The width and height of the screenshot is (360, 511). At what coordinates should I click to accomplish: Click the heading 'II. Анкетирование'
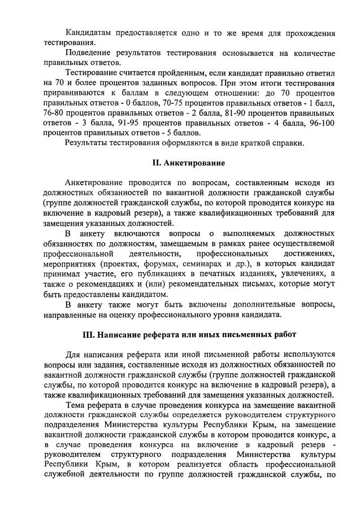189,163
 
